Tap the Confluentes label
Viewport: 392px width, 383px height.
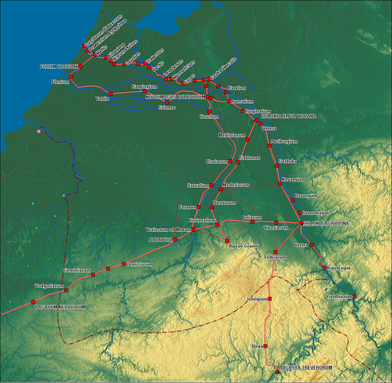(x=339, y=297)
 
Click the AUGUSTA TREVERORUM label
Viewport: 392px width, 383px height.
(x=303, y=367)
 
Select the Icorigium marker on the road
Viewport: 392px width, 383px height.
(x=270, y=298)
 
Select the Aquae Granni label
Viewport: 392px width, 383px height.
(x=241, y=245)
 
